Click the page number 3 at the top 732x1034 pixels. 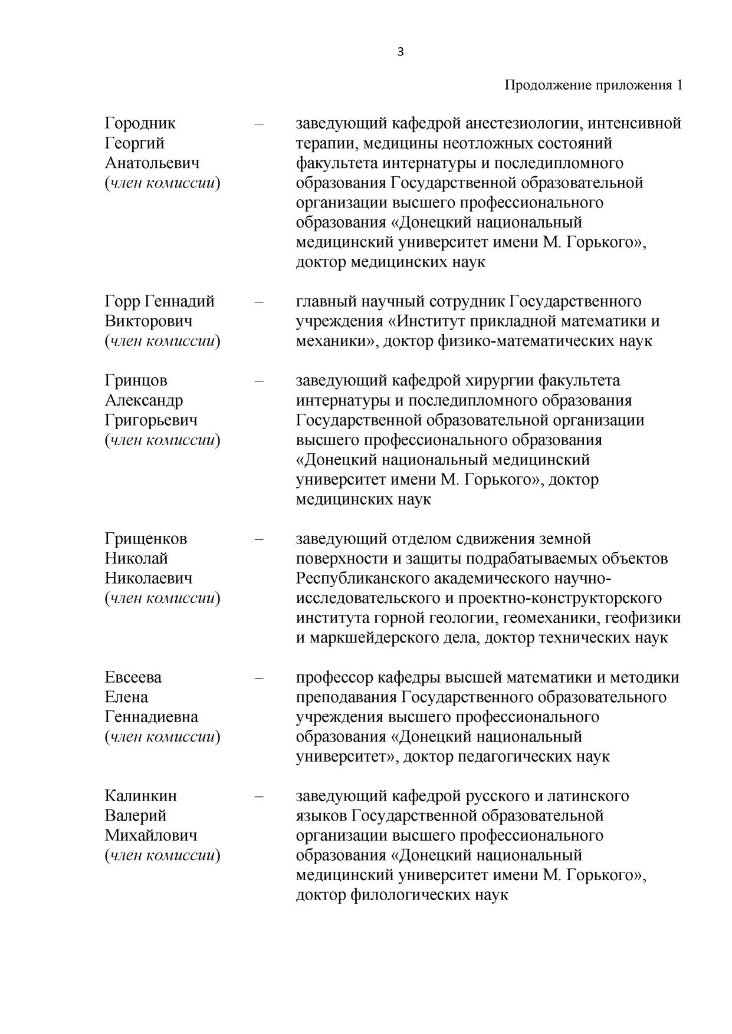[x=401, y=52]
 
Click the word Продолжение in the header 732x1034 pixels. [x=548, y=85]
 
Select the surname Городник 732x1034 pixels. [x=140, y=123]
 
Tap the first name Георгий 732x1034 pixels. [x=134, y=143]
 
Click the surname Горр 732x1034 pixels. [x=122, y=301]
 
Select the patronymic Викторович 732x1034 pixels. [x=149, y=321]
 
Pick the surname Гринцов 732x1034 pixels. [x=136, y=380]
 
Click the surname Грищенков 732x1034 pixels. [x=146, y=539]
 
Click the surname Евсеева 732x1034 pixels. [x=133, y=677]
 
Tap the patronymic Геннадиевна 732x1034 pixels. [x=152, y=717]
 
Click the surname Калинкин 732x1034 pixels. [x=140, y=796]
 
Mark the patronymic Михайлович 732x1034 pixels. [x=151, y=835]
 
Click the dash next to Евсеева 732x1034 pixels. [x=258, y=677]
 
